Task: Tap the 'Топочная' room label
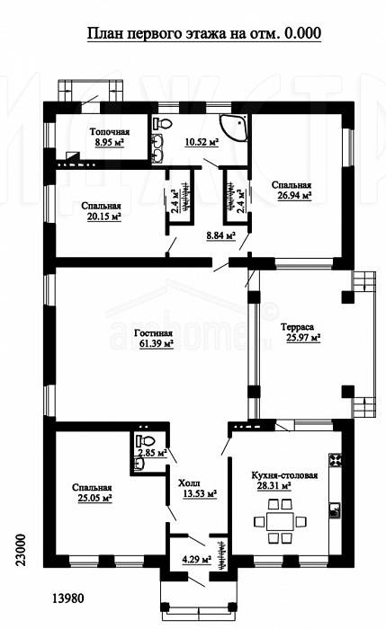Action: coord(110,132)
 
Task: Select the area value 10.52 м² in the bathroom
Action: coord(202,142)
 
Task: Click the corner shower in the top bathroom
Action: coord(233,128)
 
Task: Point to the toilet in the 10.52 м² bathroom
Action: coord(162,123)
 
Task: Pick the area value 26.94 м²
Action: coord(295,195)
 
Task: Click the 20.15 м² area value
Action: coord(104,217)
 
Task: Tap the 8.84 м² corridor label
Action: coord(221,236)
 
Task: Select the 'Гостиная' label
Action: coord(154,333)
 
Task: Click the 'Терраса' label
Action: coord(297,327)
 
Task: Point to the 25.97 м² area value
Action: coord(303,338)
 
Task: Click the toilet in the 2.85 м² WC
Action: coord(145,440)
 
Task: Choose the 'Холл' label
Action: coord(189,483)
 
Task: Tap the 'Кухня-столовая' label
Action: coord(285,475)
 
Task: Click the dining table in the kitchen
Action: coord(280,521)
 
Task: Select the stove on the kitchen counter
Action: coord(335,460)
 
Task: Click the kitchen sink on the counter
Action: coord(335,509)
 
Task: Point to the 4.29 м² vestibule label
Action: coord(197,559)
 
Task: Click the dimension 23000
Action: coord(21,550)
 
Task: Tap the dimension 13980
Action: coord(68,598)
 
